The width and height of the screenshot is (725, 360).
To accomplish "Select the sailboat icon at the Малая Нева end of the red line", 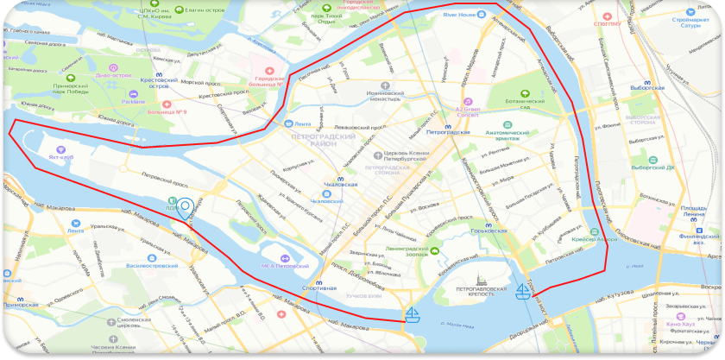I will click(x=413, y=313).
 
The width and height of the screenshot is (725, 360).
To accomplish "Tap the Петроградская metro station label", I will click(x=447, y=133).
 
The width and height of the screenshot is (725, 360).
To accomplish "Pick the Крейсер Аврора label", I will click(x=593, y=239).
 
